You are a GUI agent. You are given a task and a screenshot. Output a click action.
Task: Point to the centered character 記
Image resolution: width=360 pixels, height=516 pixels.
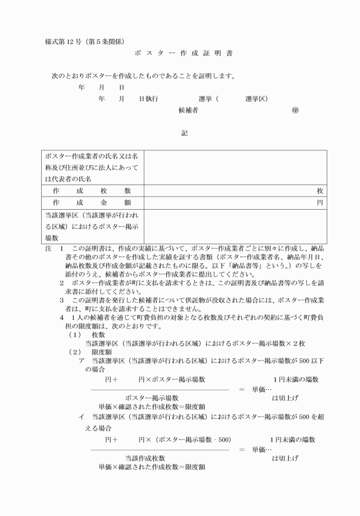coord(184,134)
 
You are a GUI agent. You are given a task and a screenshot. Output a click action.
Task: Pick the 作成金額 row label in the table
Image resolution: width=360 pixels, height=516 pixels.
coord(92,203)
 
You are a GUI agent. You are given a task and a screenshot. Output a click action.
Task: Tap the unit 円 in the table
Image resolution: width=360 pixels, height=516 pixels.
coord(321,203)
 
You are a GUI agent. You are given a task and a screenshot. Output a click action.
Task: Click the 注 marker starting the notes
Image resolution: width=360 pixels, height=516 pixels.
coord(48,250)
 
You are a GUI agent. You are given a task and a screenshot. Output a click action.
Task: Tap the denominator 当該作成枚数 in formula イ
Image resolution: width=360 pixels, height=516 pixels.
coord(145,458)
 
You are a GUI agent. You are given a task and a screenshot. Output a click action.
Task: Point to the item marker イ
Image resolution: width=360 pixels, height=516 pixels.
coord(82,417)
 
